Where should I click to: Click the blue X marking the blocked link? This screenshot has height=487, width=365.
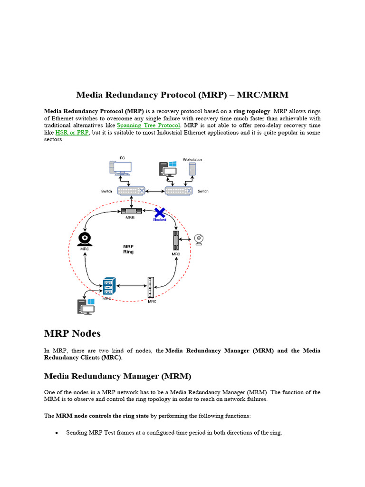pos(160,212)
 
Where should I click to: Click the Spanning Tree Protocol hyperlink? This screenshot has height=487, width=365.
pos(149,126)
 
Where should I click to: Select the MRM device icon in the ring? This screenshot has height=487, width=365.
pos(130,211)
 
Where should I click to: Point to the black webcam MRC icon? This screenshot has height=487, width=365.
pos(85,238)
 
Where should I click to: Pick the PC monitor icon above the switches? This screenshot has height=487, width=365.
pos(122,167)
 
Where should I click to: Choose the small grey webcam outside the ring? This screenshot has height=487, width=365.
pos(199,239)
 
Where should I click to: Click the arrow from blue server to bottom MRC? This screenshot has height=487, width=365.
pos(132,286)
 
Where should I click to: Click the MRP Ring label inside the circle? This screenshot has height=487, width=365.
pos(128,249)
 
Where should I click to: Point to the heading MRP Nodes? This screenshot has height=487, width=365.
pos(72,333)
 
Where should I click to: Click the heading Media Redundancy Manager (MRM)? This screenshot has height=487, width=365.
pos(117,377)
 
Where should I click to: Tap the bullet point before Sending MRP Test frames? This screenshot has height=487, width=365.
pos(57,433)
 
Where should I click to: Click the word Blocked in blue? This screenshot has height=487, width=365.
pos(160,220)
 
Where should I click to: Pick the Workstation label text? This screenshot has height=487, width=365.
pos(192,159)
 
